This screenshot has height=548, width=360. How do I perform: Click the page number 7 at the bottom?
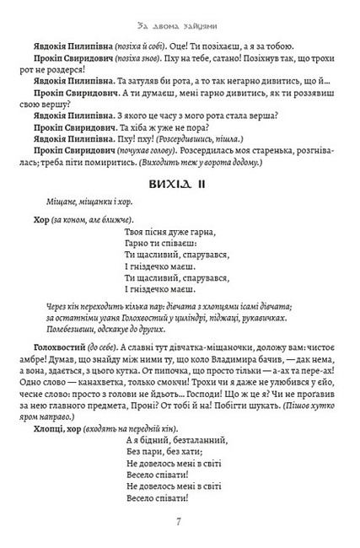coord(180,519)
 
